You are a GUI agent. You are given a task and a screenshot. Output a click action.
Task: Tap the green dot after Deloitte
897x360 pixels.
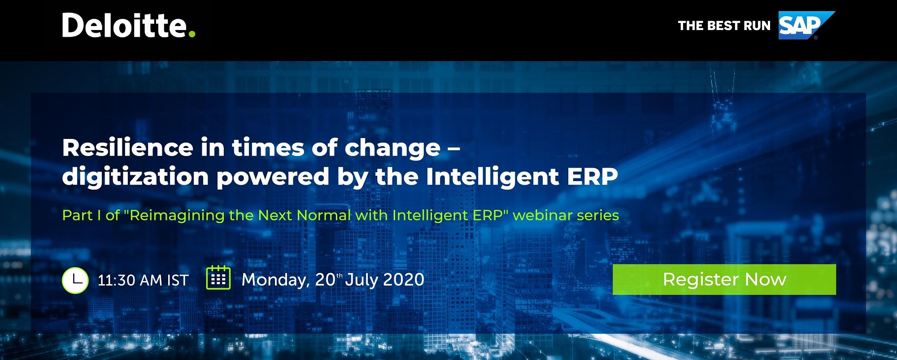pyautogui.click(x=192, y=34)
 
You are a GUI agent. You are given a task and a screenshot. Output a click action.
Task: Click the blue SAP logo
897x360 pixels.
pyautogui.click(x=806, y=25)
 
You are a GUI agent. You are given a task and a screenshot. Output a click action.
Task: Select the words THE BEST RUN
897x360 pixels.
pyautogui.click(x=724, y=26)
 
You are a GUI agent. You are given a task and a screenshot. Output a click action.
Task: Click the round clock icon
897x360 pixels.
pyautogui.click(x=75, y=280)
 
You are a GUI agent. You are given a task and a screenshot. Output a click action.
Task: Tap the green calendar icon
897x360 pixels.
pyautogui.click(x=218, y=278)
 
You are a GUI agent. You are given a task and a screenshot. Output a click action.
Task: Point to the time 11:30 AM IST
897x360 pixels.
pyautogui.click(x=143, y=280)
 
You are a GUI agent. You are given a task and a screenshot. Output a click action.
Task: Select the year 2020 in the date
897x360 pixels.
pyautogui.click(x=404, y=279)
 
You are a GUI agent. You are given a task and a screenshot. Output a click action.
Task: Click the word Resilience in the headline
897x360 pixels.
pyautogui.click(x=128, y=147)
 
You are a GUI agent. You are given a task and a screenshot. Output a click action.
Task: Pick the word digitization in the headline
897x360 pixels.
pyautogui.click(x=135, y=177)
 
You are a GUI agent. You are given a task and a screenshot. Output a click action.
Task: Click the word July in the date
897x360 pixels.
pyautogui.click(x=361, y=280)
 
